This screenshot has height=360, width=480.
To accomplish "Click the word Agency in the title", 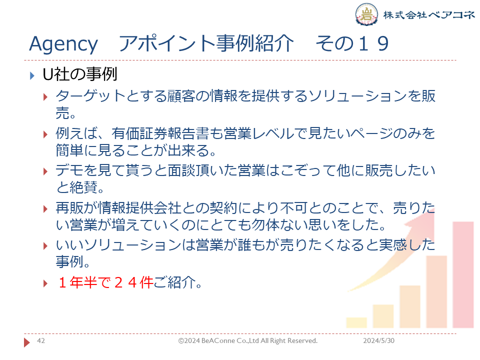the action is [63, 44].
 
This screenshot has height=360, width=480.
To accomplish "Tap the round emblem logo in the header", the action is [366, 14].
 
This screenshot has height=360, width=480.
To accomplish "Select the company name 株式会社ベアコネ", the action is [429, 14].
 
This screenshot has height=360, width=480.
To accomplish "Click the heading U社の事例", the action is [80, 74].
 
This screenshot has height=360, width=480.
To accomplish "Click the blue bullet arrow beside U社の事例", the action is [32, 75].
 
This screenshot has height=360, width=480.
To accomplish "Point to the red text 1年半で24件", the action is [105, 282].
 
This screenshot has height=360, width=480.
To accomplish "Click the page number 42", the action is [40, 340].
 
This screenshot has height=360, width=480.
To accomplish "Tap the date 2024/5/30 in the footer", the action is [378, 340].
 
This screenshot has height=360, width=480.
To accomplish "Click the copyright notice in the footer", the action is [248, 340].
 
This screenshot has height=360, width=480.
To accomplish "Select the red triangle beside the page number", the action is [27, 342].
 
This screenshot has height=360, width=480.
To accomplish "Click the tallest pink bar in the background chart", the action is [463, 274].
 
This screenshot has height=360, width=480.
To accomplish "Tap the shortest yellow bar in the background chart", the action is [356, 322].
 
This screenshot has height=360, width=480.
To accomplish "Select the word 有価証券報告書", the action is [160, 133].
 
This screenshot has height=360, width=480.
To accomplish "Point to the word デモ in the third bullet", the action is [69, 170].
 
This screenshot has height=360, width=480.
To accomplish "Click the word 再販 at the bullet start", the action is [69, 208].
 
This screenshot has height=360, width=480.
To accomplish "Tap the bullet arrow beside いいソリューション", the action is [45, 246].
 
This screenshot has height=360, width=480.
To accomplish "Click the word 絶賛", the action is [83, 187].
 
